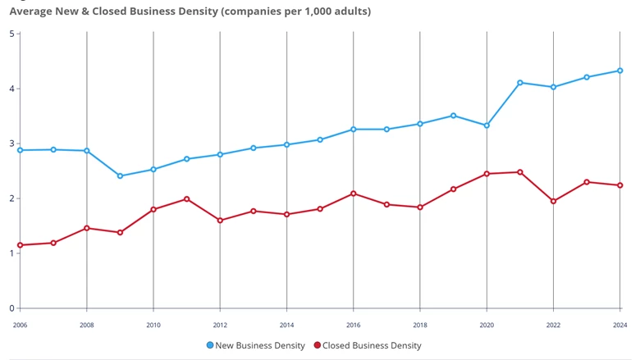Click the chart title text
pyautogui.click(x=190, y=11)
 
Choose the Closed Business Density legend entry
pyautogui.click(x=368, y=345)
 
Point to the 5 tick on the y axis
pyautogui.click(x=11, y=34)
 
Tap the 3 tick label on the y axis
pyautogui.click(x=11, y=144)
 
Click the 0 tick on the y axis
pyautogui.click(x=11, y=308)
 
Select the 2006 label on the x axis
pyautogui.click(x=20, y=325)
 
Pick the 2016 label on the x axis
pyautogui.click(x=354, y=325)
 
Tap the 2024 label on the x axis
pyautogui.click(x=620, y=325)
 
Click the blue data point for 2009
pyautogui.click(x=120, y=175)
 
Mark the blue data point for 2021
pyautogui.click(x=520, y=83)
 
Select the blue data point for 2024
pyautogui.click(x=620, y=71)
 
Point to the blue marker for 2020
pyautogui.click(x=487, y=125)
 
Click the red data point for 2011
pyautogui.click(x=186, y=199)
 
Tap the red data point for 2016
pyautogui.click(x=354, y=194)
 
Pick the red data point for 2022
pyautogui.click(x=553, y=201)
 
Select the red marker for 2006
pyautogui.click(x=20, y=245)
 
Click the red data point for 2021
pyautogui.click(x=520, y=172)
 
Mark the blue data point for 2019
pyautogui.click(x=454, y=116)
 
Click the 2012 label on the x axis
pyautogui.click(x=220, y=325)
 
